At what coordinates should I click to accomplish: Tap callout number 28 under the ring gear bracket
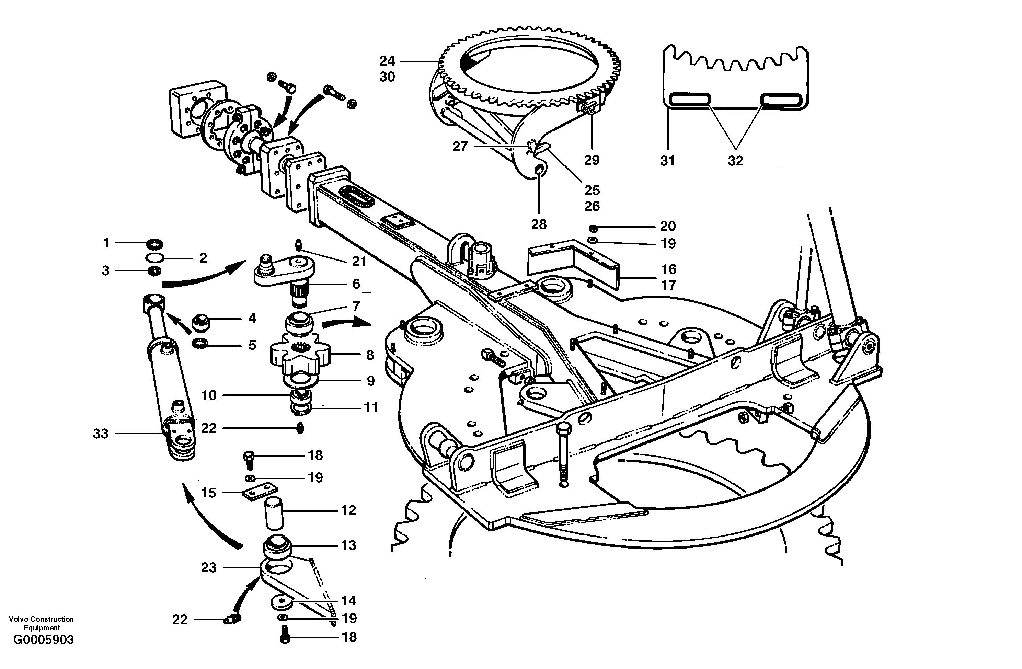(539, 224)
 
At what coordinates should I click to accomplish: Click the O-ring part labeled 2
(154, 258)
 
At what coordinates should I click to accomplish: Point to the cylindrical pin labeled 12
(274, 514)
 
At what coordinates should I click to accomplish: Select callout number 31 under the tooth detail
(667, 161)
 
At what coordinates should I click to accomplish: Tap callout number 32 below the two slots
(735, 161)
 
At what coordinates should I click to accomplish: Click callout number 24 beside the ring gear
(387, 61)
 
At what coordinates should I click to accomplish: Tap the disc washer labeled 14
(281, 602)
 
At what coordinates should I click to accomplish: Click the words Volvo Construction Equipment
(41, 623)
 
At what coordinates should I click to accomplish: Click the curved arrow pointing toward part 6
(202, 277)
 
